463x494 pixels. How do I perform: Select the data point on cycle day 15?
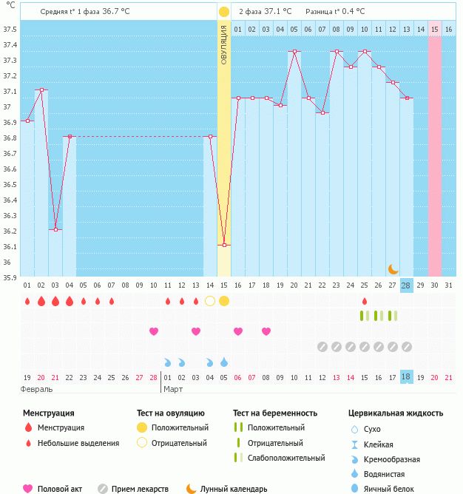[224, 245]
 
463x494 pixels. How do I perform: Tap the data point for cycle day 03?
[55, 229]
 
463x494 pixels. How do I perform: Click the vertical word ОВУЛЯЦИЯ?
[224, 44]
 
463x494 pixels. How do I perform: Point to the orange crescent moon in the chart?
[393, 268]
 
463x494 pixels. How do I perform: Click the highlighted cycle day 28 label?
[406, 285]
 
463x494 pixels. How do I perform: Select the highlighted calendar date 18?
[406, 377]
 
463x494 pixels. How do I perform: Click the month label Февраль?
[37, 388]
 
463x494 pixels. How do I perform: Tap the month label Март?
[173, 388]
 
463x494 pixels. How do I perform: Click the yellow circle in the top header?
[224, 12]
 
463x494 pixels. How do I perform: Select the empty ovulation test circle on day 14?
[210, 301]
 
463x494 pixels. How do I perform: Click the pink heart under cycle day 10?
[154, 331]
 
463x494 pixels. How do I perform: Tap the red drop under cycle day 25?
[364, 301]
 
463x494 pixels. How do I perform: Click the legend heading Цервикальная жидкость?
[396, 413]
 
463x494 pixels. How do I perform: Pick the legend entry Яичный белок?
[392, 488]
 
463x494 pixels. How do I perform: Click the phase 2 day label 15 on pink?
[435, 29]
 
